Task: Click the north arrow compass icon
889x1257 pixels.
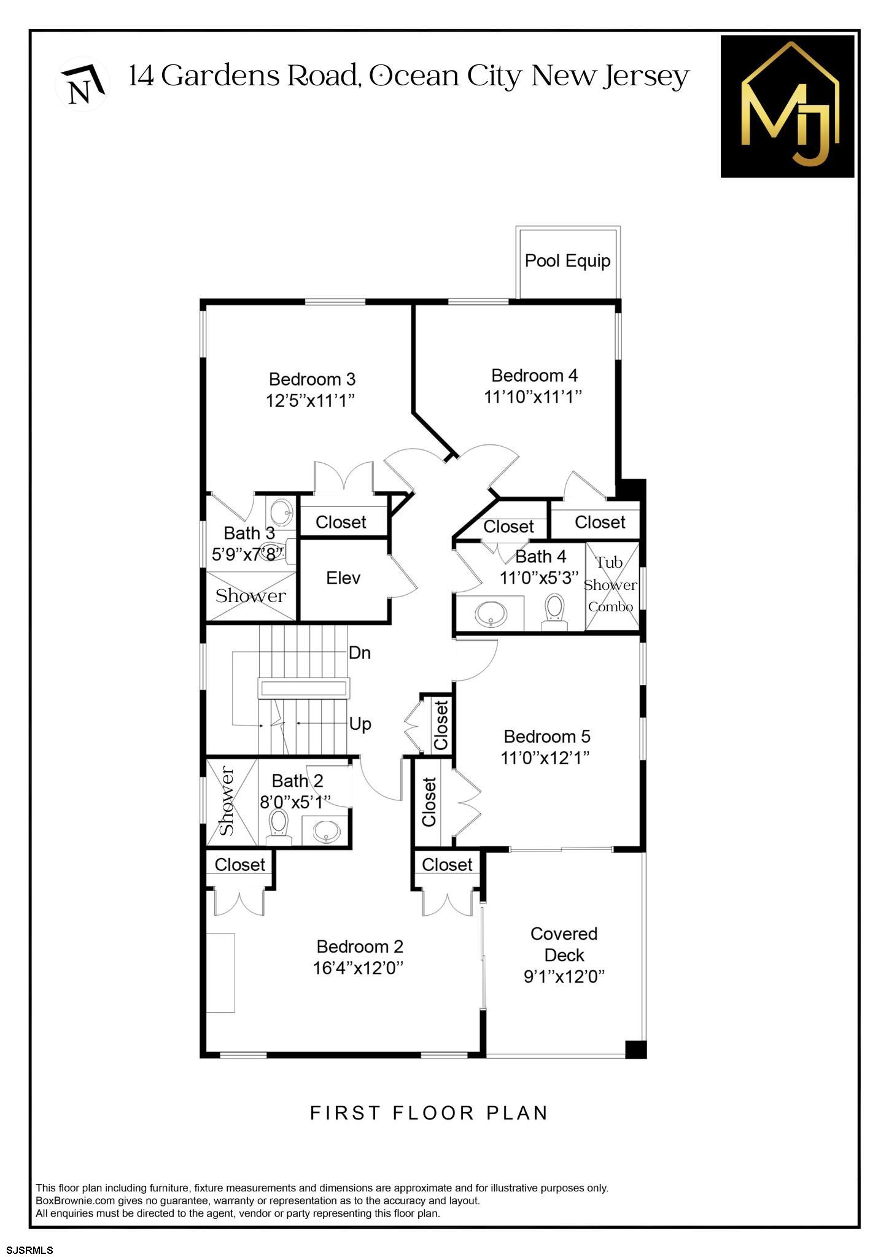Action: point(82,83)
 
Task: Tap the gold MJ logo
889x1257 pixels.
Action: point(788,106)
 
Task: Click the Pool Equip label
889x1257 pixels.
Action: point(567,261)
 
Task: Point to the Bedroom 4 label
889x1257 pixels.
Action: point(534,375)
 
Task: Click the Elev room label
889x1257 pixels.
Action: point(343,578)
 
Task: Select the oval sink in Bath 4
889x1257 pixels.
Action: point(491,613)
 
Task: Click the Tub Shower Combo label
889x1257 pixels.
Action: point(610,584)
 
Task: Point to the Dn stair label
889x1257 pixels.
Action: point(360,653)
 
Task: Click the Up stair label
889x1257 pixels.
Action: point(360,724)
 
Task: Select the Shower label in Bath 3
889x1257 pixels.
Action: point(250,596)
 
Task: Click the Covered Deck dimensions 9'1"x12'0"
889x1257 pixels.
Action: point(564,976)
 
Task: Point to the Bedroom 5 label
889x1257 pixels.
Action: point(546,736)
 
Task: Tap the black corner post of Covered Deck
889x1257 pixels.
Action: point(635,1050)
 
